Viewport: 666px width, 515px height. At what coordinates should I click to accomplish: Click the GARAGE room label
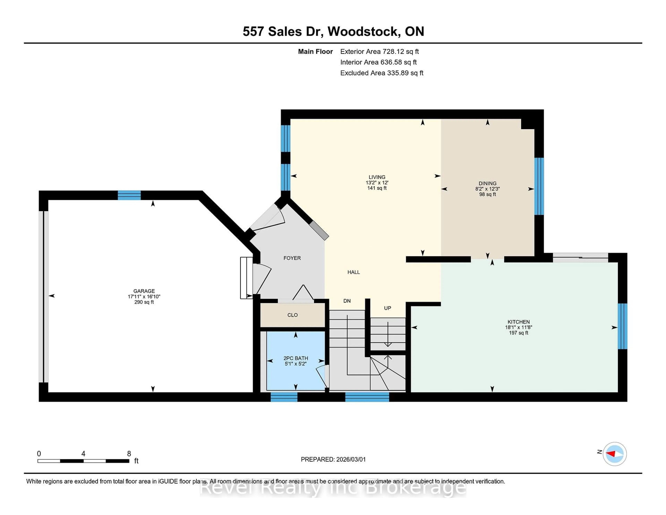[144, 291]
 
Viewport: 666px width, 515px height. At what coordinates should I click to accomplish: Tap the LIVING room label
[377, 177]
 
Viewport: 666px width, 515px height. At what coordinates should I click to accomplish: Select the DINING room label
[487, 183]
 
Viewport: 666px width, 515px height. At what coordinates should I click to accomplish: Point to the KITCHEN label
[518, 322]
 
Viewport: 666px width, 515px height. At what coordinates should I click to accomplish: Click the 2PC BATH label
[296, 358]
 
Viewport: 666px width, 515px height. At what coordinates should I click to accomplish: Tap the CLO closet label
[292, 315]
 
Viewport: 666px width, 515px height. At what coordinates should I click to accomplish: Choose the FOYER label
[292, 258]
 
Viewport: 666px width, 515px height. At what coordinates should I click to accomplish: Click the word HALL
[354, 272]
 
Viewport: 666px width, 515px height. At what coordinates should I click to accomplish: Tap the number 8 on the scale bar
[129, 454]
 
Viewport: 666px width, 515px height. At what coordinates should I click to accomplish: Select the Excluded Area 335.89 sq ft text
[382, 73]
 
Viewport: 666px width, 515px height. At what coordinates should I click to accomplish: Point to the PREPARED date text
[333, 459]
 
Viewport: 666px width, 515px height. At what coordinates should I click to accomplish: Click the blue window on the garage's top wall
[129, 195]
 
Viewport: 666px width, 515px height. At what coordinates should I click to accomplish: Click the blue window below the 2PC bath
[284, 397]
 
